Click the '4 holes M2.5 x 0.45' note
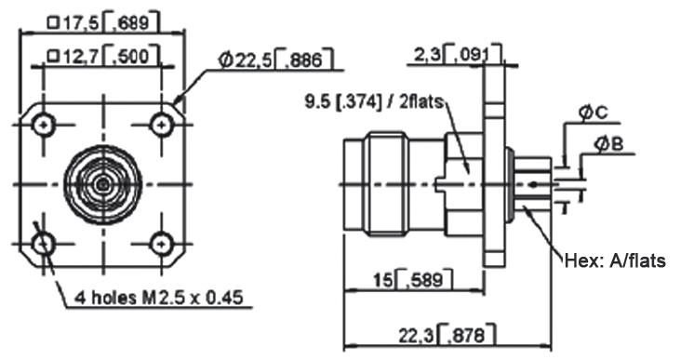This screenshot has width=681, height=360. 158,298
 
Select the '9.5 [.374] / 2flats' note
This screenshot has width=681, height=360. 374,102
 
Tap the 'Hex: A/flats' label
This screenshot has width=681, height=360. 615,260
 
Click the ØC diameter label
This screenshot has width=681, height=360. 594,113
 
